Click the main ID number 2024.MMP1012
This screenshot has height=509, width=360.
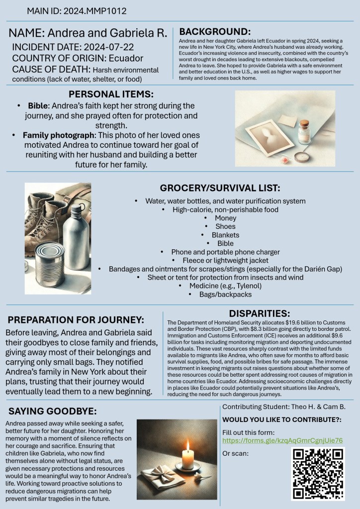[x=95, y=10]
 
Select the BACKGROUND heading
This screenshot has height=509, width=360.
[x=215, y=30]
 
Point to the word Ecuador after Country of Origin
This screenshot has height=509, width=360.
[x=129, y=58]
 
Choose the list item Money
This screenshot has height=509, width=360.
[x=225, y=218]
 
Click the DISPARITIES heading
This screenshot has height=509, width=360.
[x=259, y=313]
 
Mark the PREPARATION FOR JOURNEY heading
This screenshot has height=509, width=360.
[x=76, y=319]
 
